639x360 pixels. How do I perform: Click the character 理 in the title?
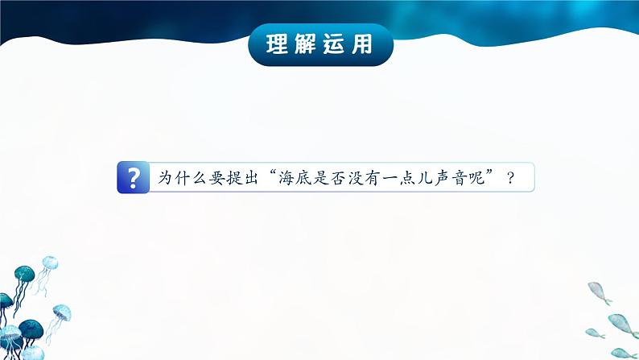pyautogui.click(x=277, y=44)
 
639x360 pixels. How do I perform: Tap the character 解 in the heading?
pyautogui.click(x=305, y=44)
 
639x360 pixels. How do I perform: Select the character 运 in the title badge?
pyautogui.click(x=333, y=44)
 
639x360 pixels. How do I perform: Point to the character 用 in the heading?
pyautogui.click(x=362, y=44)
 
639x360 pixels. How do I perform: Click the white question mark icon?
pyautogui.click(x=133, y=177)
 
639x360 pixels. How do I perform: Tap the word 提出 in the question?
pyautogui.click(x=242, y=177)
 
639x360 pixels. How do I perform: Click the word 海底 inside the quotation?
pyautogui.click(x=295, y=178)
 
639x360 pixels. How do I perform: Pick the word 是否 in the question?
pyautogui.click(x=329, y=178)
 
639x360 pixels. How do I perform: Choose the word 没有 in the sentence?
pyautogui.click(x=364, y=178)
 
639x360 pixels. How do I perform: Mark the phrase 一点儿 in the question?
pyautogui.click(x=407, y=178)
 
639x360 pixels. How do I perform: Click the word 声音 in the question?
pyautogui.click(x=451, y=178)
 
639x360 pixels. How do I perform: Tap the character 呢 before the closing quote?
pyautogui.click(x=476, y=178)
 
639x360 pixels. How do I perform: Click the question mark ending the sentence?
pyautogui.click(x=510, y=178)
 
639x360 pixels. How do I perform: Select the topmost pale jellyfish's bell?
pyautogui.click(x=50, y=262)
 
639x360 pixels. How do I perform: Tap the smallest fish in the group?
pyautogui.click(x=595, y=333)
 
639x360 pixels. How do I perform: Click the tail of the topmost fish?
pyautogui.click(x=608, y=302)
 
